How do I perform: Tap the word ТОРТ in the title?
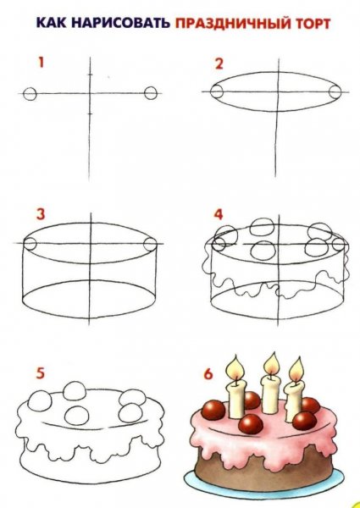314,24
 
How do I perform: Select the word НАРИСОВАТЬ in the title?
121,24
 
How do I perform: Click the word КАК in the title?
51,24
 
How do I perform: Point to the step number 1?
41,62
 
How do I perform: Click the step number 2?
219,63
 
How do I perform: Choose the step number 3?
41,214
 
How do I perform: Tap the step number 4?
219,214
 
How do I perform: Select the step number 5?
40,373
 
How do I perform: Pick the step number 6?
208,374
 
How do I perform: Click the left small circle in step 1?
30,94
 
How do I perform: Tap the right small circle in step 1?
151,93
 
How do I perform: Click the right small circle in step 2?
335,91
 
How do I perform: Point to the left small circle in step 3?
30,244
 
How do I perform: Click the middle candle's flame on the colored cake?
272,364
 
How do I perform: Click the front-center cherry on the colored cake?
251,425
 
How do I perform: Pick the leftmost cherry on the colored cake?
213,410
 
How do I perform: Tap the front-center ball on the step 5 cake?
76,416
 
